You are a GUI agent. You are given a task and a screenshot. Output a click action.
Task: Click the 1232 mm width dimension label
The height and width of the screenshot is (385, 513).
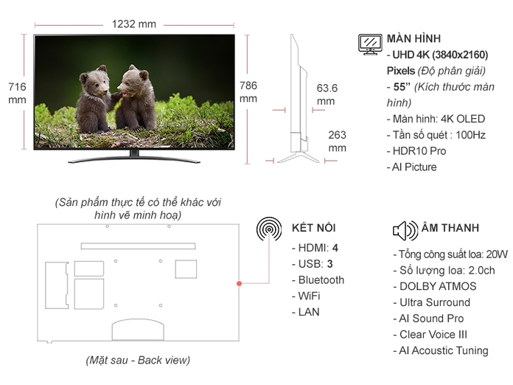pyautogui.click(x=134, y=24)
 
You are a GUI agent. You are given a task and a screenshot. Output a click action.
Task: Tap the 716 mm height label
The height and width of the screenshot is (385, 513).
pyautogui.click(x=17, y=93)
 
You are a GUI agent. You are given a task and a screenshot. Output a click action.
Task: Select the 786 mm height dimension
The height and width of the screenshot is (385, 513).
pyautogui.click(x=248, y=91)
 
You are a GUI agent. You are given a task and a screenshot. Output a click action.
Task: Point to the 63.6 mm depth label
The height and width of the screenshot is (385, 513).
pyautogui.click(x=327, y=94)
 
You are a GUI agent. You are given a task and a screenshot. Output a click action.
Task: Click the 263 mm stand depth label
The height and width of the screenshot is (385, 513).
pyautogui.click(x=337, y=141)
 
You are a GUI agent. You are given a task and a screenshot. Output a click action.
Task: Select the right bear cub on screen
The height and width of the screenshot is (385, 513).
pyautogui.click(x=136, y=95)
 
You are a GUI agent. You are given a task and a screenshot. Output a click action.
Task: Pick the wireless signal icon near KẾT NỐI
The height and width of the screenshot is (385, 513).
pyautogui.click(x=269, y=229)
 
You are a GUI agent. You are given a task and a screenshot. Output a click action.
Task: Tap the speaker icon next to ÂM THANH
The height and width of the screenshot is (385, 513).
pyautogui.click(x=405, y=231)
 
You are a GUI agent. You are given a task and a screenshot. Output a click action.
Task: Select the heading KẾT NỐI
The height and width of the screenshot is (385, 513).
pyautogui.click(x=314, y=227)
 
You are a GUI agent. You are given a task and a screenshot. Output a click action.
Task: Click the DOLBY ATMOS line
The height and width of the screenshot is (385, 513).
pyautogui.click(x=435, y=286)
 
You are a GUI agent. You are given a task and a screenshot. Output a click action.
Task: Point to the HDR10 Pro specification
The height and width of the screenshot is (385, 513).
pyautogui.click(x=416, y=151)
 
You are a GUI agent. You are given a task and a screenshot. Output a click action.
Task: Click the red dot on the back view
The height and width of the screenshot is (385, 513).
pyautogui.click(x=240, y=283)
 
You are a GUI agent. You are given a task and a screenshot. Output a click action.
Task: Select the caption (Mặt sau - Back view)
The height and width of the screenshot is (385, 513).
pyautogui.click(x=137, y=361)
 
